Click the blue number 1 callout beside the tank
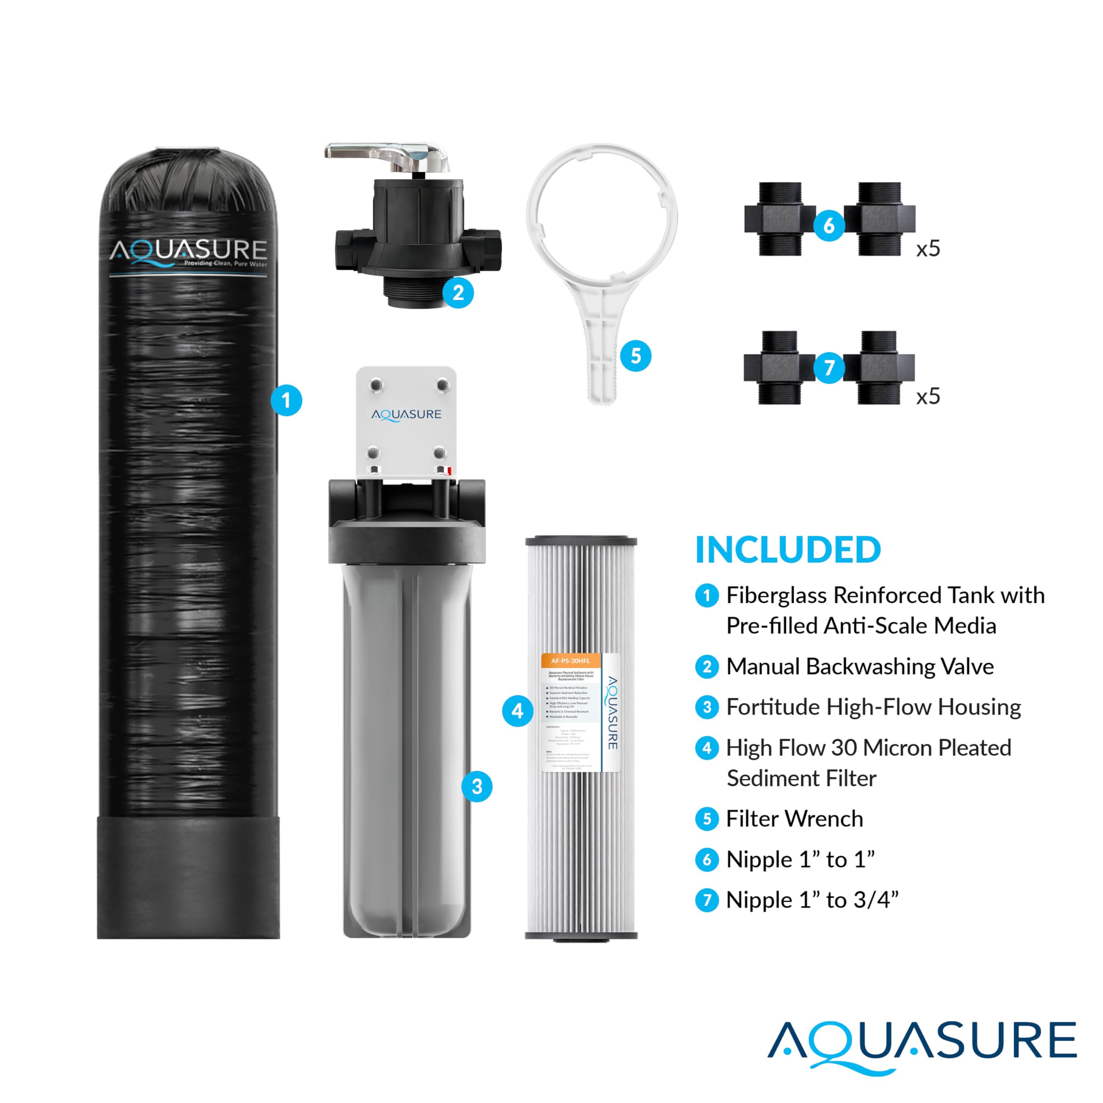[286, 400]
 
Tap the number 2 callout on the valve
[458, 293]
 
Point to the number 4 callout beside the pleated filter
[517, 711]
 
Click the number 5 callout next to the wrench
[636, 356]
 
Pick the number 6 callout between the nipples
[829, 225]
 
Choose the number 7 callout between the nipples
[829, 367]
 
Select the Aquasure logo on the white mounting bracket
[406, 414]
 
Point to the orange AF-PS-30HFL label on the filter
[570, 661]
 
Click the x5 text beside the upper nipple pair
[928, 249]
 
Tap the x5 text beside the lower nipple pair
[928, 396]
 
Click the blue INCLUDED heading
[788, 550]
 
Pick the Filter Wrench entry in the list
[794, 819]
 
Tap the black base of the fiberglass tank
[188, 876]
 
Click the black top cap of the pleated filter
[581, 540]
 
